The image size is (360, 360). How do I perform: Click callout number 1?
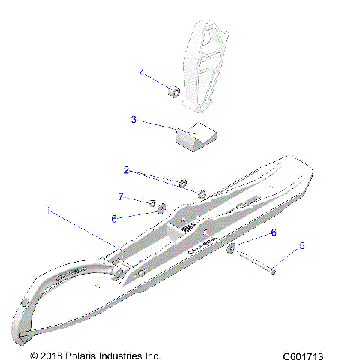[49, 211]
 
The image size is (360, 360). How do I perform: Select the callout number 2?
[127, 170]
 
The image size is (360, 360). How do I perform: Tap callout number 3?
[133, 119]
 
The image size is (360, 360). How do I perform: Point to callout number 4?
[141, 73]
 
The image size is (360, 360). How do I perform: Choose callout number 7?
[119, 196]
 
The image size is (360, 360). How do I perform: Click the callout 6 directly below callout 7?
[114, 218]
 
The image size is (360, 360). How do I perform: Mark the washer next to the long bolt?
[232, 248]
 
